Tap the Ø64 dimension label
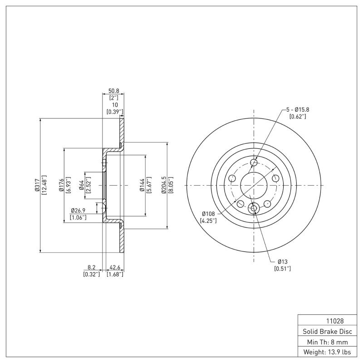point(82,185)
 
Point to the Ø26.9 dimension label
point(78,211)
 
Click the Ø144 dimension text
point(142,186)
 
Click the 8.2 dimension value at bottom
point(92,268)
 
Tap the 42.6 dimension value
point(115,268)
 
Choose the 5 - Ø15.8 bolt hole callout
point(298,110)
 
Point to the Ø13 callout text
point(282,262)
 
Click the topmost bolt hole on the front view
point(254,162)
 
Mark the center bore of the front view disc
point(254,185)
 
